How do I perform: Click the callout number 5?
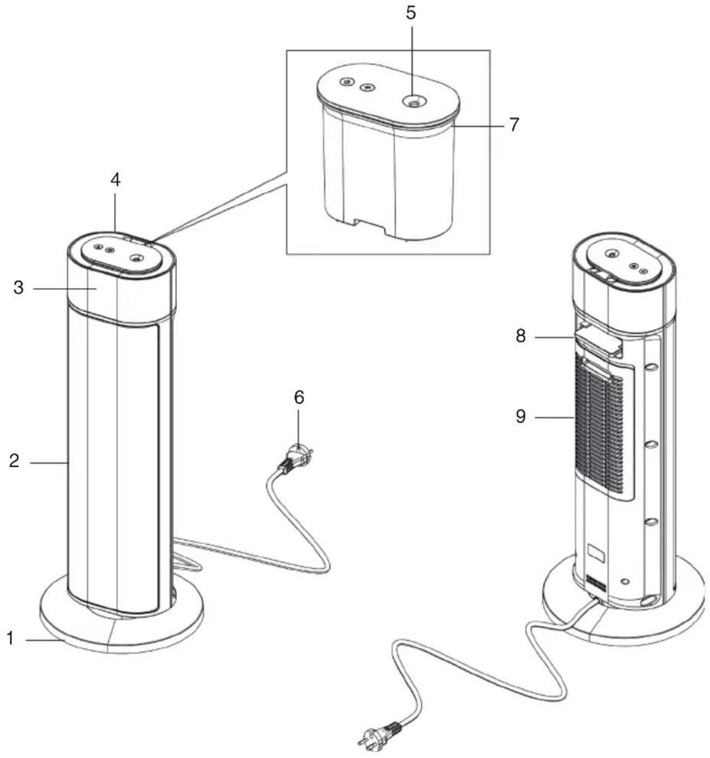click(x=411, y=13)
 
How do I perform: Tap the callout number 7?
click(x=514, y=124)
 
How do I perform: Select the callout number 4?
click(x=115, y=180)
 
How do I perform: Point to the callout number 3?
click(x=18, y=288)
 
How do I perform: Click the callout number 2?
click(x=14, y=461)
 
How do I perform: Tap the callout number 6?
click(x=299, y=398)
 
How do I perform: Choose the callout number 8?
click(x=520, y=337)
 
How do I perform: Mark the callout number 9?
click(x=520, y=416)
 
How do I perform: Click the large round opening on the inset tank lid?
click(x=412, y=101)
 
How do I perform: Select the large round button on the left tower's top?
click(x=135, y=258)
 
